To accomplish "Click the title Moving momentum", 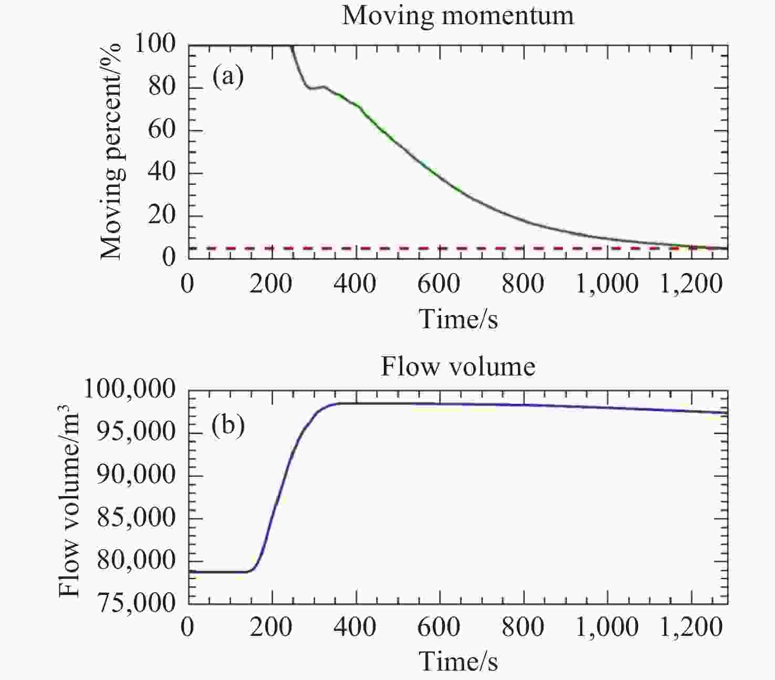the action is pos(458,16).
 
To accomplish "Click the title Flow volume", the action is pos(458,366).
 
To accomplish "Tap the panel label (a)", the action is pos(228,77).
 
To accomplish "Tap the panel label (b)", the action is pos(228,425).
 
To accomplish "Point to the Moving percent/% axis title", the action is pos(111,152).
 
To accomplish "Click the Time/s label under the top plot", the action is pos(458,318).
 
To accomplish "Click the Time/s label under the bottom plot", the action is pos(458,661).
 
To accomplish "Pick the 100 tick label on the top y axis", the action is pos(154,45).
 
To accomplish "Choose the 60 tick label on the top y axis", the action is pos(161,130).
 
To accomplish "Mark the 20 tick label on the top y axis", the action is pos(161,215).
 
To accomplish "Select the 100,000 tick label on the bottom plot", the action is pos(129,390).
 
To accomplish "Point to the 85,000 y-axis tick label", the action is pos(137,518).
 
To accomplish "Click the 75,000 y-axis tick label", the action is pos(137,604).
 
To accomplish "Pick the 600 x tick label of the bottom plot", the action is pos(439,627).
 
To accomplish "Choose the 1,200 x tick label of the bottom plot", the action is pos(691,627).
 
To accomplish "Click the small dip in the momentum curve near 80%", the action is pos(312,88).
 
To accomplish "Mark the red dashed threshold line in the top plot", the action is pos(458,248).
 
